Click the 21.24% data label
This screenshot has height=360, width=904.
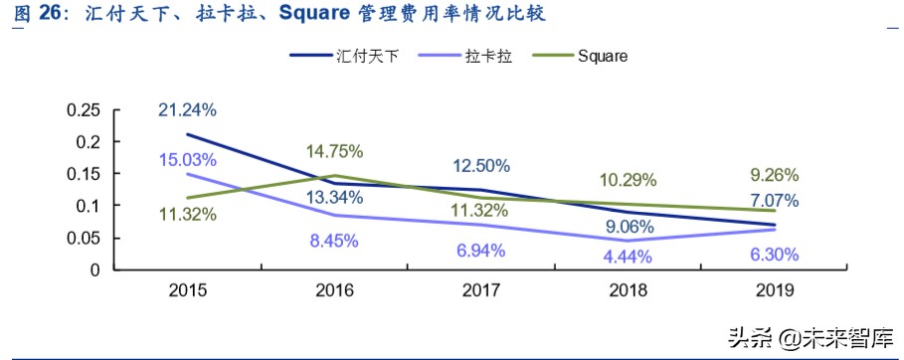pyautogui.click(x=188, y=109)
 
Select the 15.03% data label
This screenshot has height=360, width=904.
pyautogui.click(x=188, y=160)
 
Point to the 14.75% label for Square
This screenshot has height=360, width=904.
pyautogui.click(x=334, y=151)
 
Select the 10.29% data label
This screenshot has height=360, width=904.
pyautogui.click(x=628, y=181)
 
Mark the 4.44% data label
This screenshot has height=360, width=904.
pyautogui.click(x=628, y=259)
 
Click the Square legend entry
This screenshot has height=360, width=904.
pyautogui.click(x=602, y=56)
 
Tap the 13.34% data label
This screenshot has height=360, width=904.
pyautogui.click(x=334, y=197)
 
